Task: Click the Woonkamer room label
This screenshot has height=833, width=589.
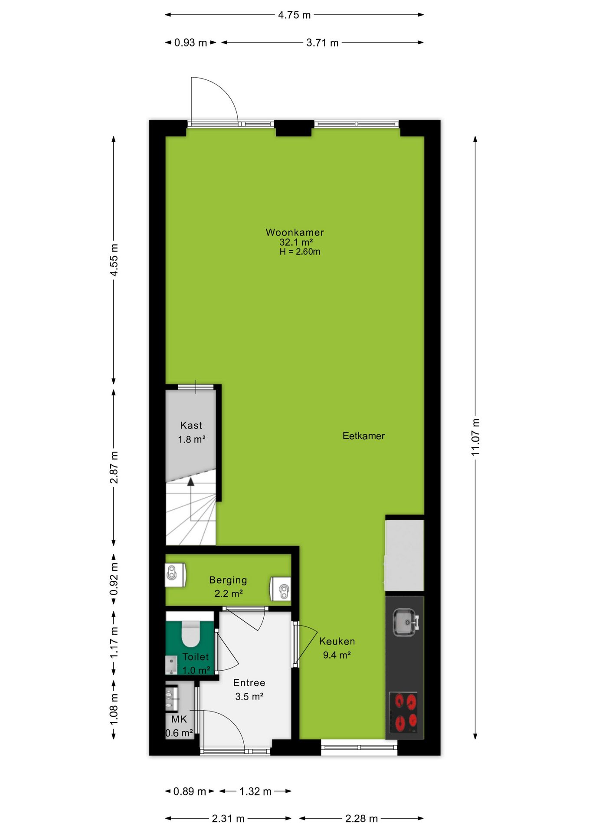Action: pos(294,232)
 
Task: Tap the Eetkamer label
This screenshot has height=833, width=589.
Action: pos(363,436)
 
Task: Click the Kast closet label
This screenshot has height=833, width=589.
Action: pos(191,426)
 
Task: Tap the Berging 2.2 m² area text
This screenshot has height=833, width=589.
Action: pos(228,594)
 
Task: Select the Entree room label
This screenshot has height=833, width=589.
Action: pos(249,683)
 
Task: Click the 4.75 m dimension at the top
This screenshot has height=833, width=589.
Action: pos(294,15)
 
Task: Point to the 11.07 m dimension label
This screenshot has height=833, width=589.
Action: pos(475,437)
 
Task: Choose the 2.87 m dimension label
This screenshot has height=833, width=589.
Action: pos(114,468)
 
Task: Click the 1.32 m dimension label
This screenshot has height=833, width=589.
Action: pos(255,791)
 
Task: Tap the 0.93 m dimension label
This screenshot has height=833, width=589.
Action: pos(190,43)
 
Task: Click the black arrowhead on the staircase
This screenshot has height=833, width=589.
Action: pos(190,481)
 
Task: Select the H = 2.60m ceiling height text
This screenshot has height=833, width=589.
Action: pos(300,252)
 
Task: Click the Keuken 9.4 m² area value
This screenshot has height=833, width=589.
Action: pos(337,655)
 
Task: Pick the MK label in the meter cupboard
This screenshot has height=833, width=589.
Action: pos(179,719)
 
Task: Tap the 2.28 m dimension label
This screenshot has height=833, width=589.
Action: pos(361,819)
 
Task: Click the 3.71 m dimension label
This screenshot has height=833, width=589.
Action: pos(322,43)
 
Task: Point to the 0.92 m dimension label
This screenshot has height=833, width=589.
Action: pos(114,580)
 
